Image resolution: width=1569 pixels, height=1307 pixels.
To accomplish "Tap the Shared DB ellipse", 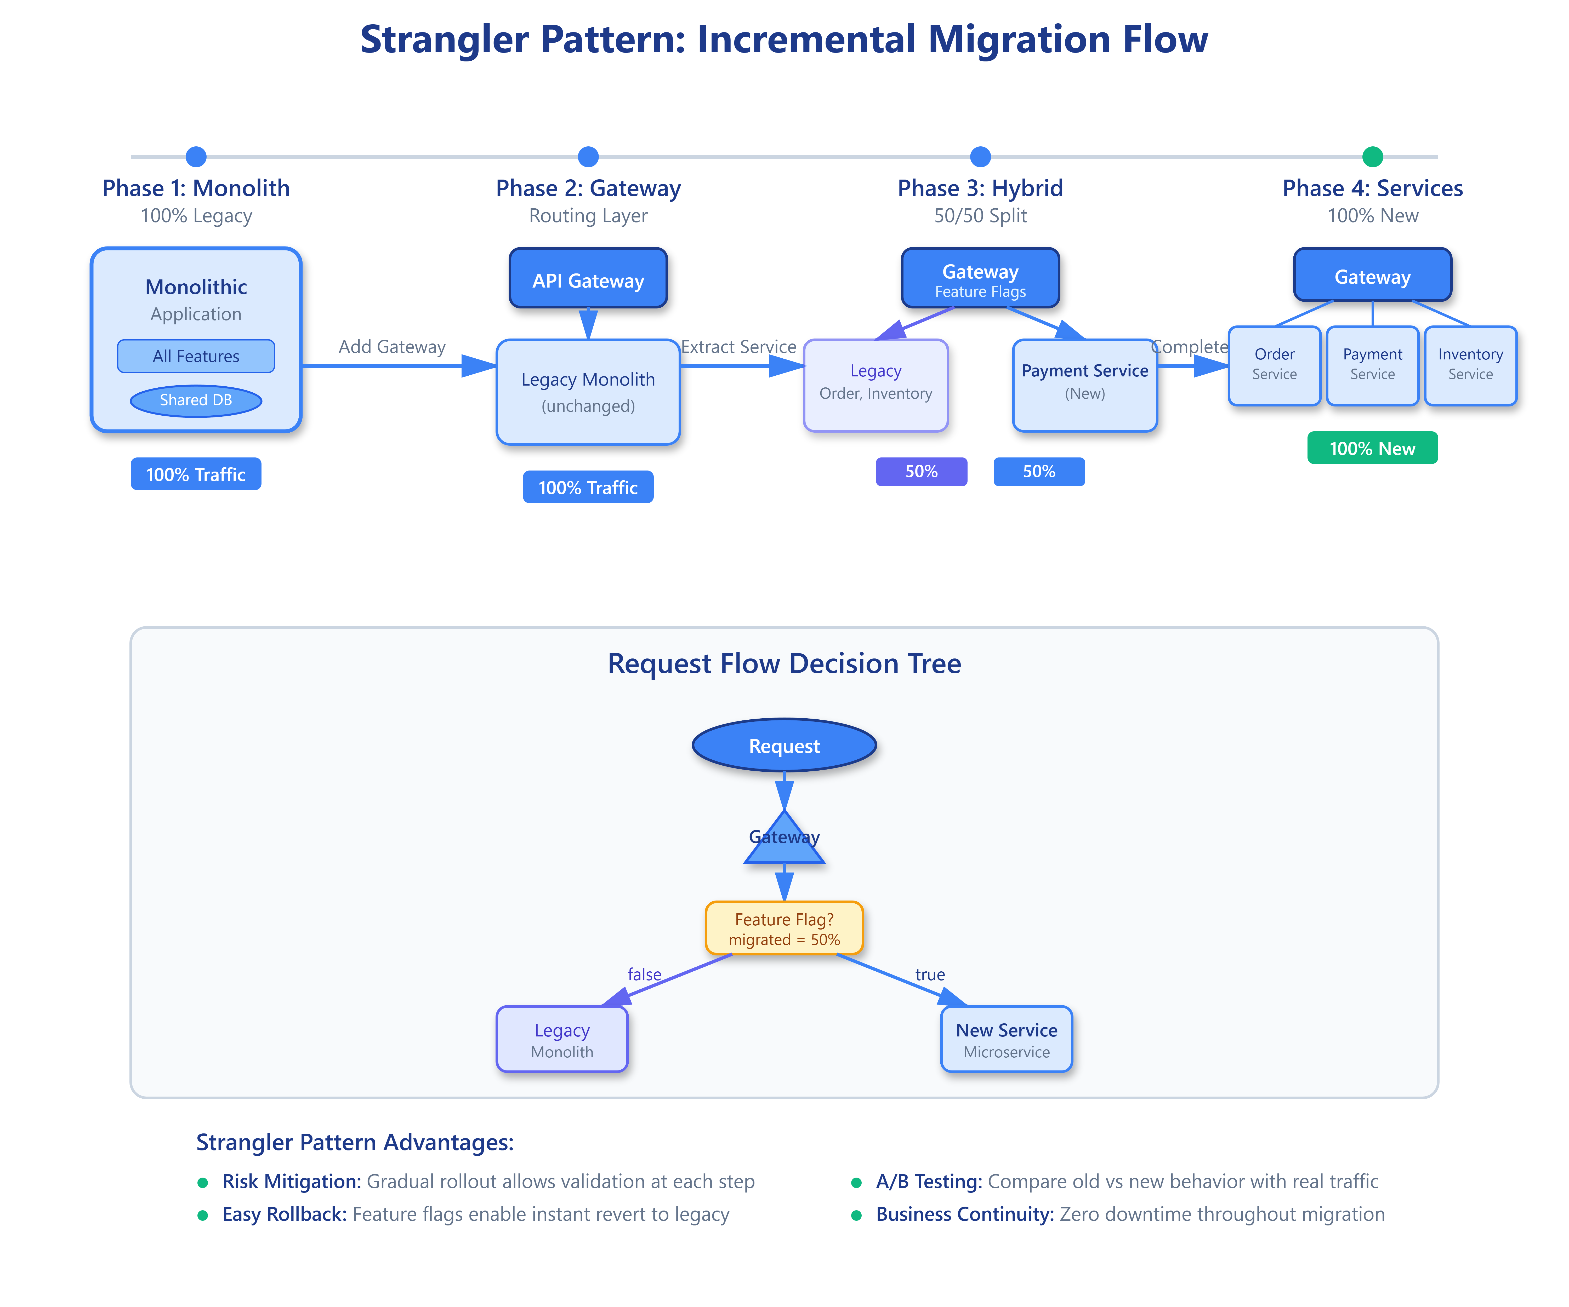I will pyautogui.click(x=196, y=400).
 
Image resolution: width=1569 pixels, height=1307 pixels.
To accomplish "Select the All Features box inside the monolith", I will pyautogui.click(x=196, y=356).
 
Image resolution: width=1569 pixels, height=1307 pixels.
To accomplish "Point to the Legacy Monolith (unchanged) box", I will pyautogui.click(x=588, y=392).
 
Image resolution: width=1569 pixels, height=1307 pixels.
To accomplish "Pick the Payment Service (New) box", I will pyautogui.click(x=1085, y=385).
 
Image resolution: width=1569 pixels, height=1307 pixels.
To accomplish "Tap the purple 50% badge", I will pyautogui.click(x=921, y=471).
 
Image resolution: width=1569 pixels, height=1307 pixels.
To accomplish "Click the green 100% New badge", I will pyautogui.click(x=1373, y=448).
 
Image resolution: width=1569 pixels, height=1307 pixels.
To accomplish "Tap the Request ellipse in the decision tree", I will pyautogui.click(x=784, y=745).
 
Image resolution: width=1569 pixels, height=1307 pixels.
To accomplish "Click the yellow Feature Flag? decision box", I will pyautogui.click(x=784, y=928).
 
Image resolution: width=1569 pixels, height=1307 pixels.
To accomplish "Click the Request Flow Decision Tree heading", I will pyautogui.click(x=784, y=663).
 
